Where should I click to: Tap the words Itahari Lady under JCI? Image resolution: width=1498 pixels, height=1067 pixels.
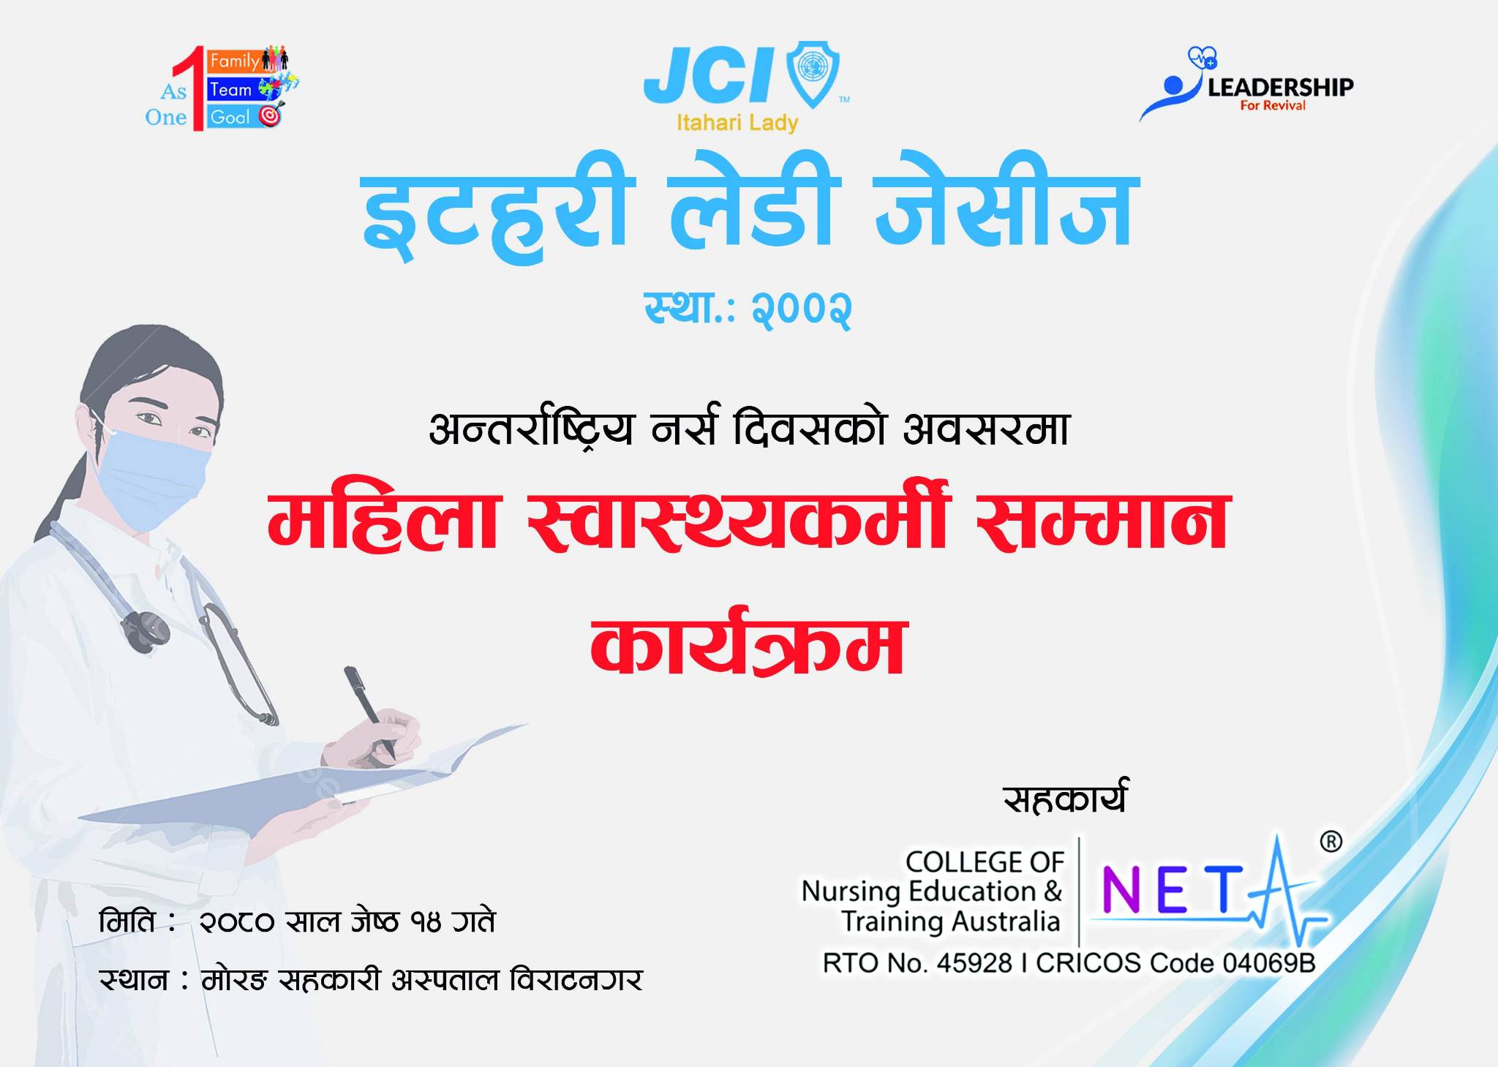737,123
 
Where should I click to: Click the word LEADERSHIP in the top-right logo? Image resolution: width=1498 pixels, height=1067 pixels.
1280,88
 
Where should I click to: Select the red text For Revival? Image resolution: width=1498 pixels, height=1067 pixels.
1273,106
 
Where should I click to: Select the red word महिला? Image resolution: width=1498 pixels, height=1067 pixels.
383,520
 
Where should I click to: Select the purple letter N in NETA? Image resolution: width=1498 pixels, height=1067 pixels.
1119,889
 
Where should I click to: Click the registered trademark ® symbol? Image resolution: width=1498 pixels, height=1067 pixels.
1330,842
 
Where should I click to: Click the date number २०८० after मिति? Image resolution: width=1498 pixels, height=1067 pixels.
237,922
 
